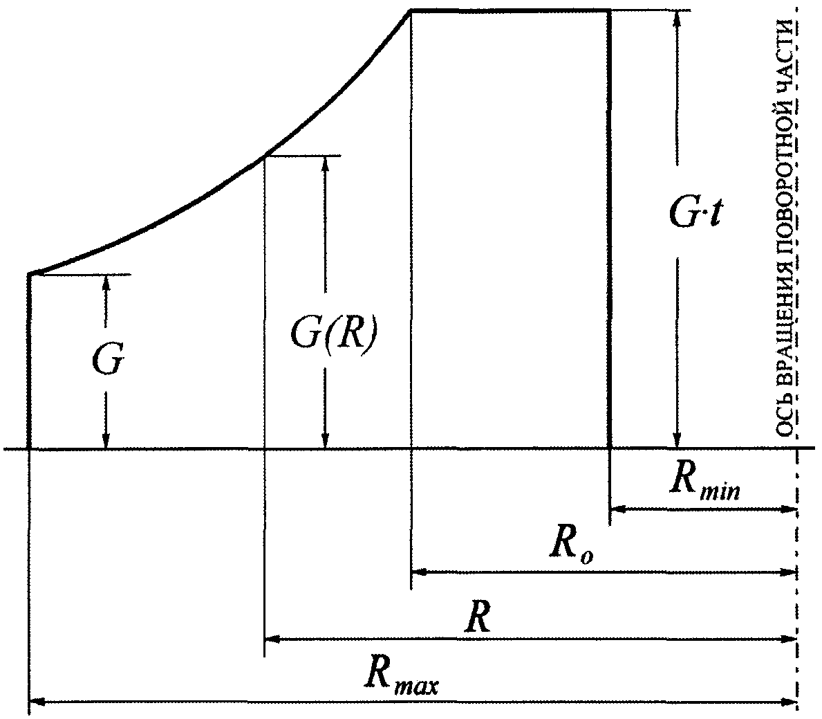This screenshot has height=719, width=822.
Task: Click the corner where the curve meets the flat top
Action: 410,10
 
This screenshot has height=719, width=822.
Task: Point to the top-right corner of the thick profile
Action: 610,10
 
